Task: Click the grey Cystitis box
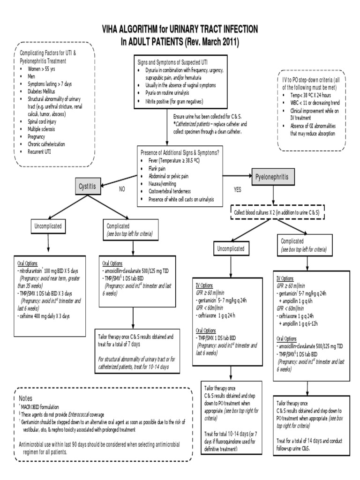(x=89, y=186)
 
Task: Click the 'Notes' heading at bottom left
(x=27, y=397)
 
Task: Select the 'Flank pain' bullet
(x=158, y=168)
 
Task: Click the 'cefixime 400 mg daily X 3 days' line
(x=44, y=316)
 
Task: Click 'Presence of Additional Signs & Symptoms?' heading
(x=180, y=152)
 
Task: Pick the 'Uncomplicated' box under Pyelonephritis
(x=232, y=247)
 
